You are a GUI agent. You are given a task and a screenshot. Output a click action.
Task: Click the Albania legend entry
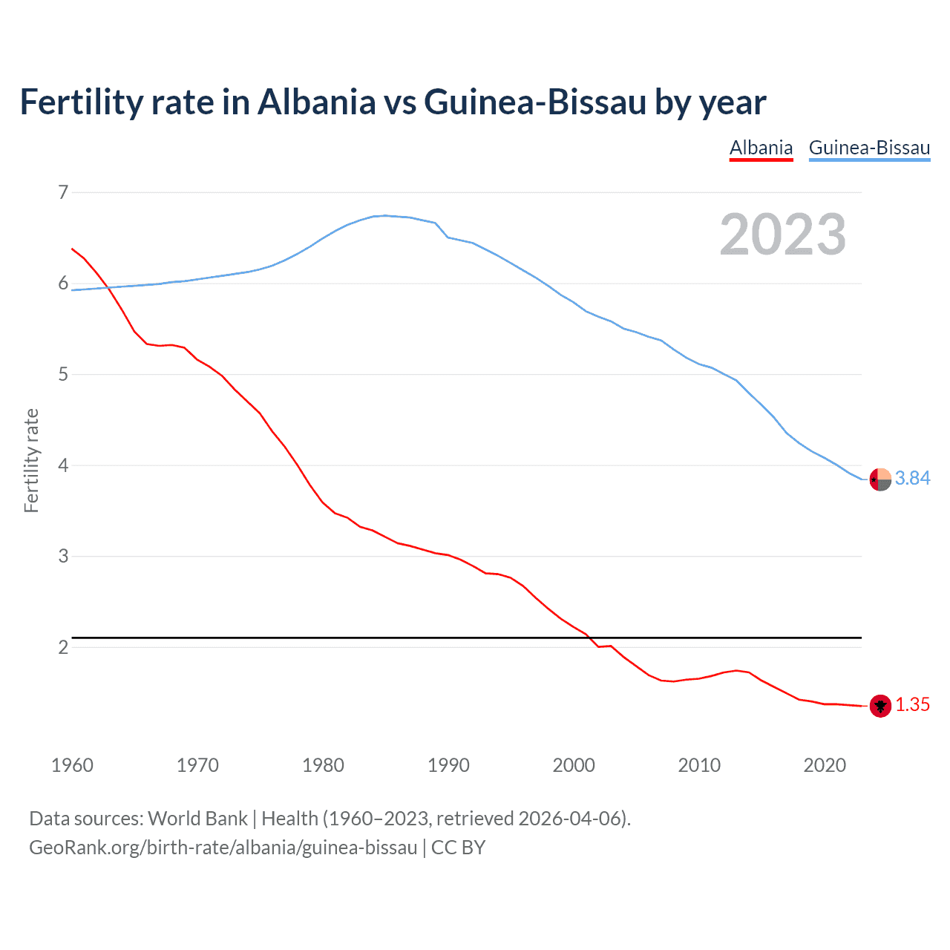[x=761, y=148]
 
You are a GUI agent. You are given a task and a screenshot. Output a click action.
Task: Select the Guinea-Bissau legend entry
[x=869, y=148]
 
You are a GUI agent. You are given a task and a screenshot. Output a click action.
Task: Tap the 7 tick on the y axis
[x=63, y=193]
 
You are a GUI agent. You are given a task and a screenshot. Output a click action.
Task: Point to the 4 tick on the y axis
[x=63, y=465]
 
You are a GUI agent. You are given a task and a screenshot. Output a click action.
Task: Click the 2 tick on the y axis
[x=63, y=647]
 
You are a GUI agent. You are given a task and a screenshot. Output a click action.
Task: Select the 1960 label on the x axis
[x=72, y=765]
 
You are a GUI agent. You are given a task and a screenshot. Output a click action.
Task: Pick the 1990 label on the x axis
[x=448, y=765]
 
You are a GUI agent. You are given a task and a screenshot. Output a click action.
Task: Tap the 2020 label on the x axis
[x=825, y=765]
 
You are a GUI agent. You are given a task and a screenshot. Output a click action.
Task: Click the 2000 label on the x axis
[x=574, y=765]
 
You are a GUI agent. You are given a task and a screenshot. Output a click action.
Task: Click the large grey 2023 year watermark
[x=782, y=235]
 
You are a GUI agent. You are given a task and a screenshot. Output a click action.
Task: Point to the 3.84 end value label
[x=912, y=479]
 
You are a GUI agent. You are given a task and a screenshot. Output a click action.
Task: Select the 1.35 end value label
[x=912, y=705]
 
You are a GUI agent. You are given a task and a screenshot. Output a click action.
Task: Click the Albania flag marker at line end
[x=880, y=706]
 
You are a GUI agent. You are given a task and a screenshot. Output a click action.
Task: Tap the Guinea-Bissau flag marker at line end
[x=880, y=479]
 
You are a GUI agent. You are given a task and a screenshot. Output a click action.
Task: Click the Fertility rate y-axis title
[x=31, y=460]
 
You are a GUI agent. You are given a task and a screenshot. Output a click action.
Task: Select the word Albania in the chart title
[x=317, y=102]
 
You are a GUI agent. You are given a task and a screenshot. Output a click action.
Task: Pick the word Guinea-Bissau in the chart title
[x=535, y=102]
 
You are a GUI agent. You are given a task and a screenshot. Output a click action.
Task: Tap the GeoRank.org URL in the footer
[x=223, y=848]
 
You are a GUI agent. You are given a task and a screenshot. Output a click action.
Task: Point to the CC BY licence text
[x=458, y=848]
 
